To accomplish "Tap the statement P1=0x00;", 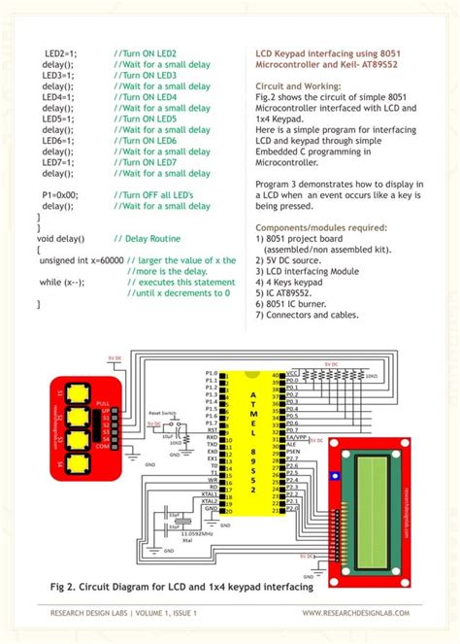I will pyautogui.click(x=60, y=195).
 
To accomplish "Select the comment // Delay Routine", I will pyautogui.click(x=147, y=238).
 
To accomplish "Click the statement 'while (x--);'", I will pyautogui.click(x=61, y=282).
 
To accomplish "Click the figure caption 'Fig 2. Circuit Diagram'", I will pyautogui.click(x=181, y=588).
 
